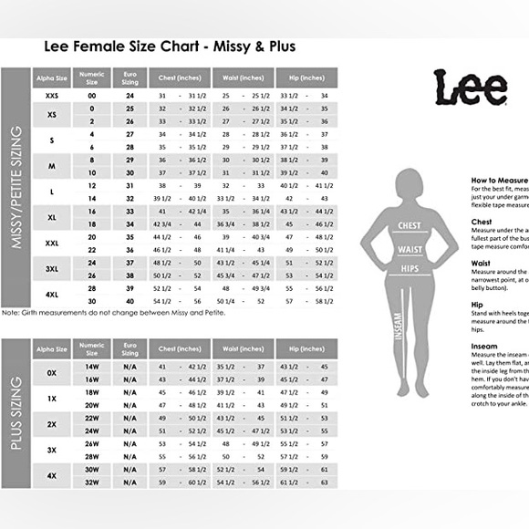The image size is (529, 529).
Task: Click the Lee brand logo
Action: (470, 88)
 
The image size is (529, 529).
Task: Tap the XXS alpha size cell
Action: (51, 95)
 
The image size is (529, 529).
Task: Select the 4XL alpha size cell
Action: (51, 294)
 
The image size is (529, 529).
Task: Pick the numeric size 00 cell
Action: (91, 95)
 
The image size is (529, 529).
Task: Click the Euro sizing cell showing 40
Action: (130, 300)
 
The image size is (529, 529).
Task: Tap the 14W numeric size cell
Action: (91, 366)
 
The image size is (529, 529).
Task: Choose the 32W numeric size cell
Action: (91, 482)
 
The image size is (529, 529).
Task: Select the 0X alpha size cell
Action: (51, 372)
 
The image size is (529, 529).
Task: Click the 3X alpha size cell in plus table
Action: (51, 450)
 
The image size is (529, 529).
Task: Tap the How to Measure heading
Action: (499, 181)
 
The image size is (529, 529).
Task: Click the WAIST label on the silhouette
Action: (409, 247)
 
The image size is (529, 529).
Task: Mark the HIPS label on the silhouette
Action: (409, 268)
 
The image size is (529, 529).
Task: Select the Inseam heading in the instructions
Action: (484, 346)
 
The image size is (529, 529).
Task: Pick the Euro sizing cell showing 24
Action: (130, 95)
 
